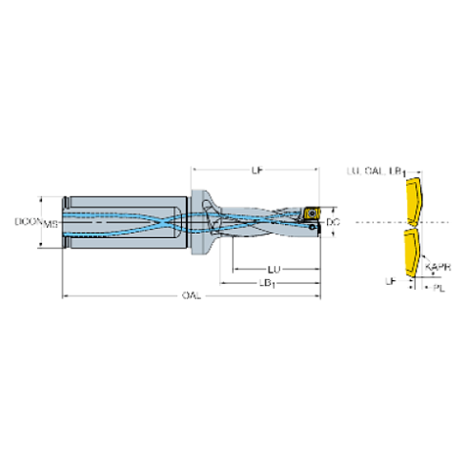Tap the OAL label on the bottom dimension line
(191, 297)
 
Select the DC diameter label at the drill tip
(333, 221)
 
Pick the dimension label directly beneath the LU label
(269, 285)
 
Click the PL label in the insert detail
(436, 285)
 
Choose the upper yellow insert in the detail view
(412, 199)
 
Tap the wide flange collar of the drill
(203, 221)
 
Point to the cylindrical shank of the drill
(124, 221)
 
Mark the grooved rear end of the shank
(66, 221)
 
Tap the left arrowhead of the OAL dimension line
(65, 297)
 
